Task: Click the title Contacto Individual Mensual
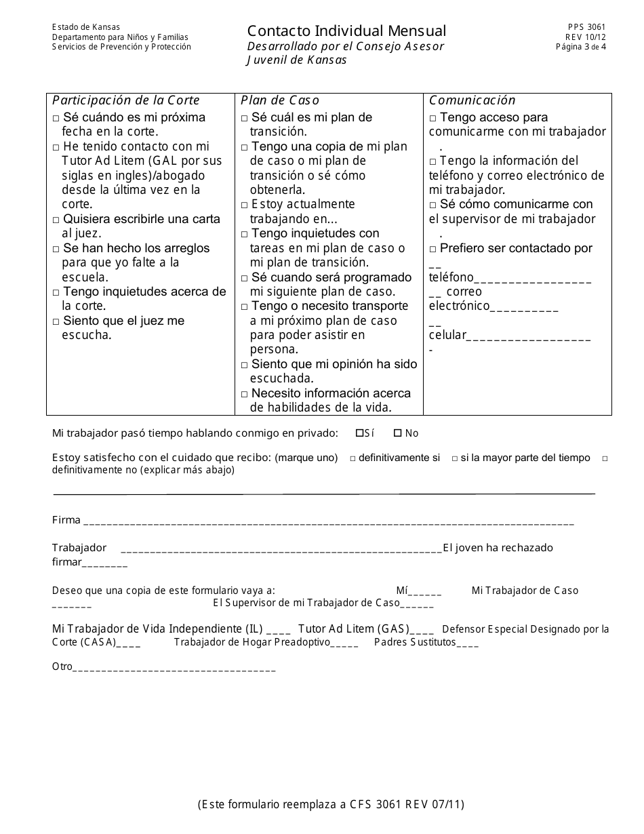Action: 346,31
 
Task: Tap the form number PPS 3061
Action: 587,28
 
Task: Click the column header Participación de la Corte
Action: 126,100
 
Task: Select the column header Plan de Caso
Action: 280,100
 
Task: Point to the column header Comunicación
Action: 472,100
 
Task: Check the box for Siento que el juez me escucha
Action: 56,321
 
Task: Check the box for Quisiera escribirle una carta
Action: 56,220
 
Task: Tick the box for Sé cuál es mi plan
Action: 245,118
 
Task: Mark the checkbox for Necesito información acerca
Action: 245,394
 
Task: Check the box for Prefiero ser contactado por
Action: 433,249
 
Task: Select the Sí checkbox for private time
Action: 359,433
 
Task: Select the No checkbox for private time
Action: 398,433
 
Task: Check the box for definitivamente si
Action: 353,458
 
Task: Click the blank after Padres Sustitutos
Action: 468,643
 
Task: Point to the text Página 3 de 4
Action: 581,47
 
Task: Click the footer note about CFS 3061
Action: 331,805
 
